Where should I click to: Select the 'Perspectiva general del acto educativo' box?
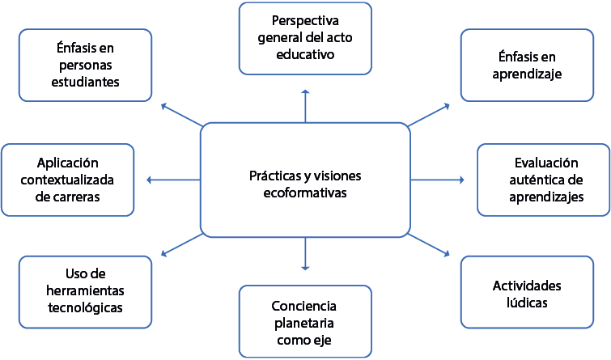304,37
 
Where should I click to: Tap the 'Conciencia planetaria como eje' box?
304,322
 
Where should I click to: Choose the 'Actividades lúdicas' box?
526,294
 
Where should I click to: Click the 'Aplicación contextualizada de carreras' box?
68,180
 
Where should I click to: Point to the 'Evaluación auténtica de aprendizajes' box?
544,180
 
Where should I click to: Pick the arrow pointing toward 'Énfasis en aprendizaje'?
430,114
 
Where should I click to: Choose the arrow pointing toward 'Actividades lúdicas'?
430,245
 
